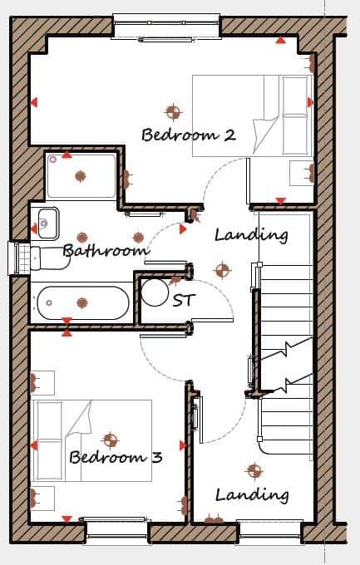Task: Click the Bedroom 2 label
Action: click(189, 135)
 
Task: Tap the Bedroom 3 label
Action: click(115, 457)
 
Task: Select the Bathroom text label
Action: click(106, 250)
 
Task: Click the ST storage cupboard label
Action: click(183, 300)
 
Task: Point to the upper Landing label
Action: click(251, 235)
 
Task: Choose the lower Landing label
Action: click(252, 495)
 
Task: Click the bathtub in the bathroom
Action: click(81, 302)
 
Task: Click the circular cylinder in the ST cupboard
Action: click(155, 292)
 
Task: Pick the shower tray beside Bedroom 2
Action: click(81, 175)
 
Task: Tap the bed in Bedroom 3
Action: click(91, 440)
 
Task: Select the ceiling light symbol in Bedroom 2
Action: click(173, 111)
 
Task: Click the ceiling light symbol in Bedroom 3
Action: click(110, 440)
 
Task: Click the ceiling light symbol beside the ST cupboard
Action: click(222, 269)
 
